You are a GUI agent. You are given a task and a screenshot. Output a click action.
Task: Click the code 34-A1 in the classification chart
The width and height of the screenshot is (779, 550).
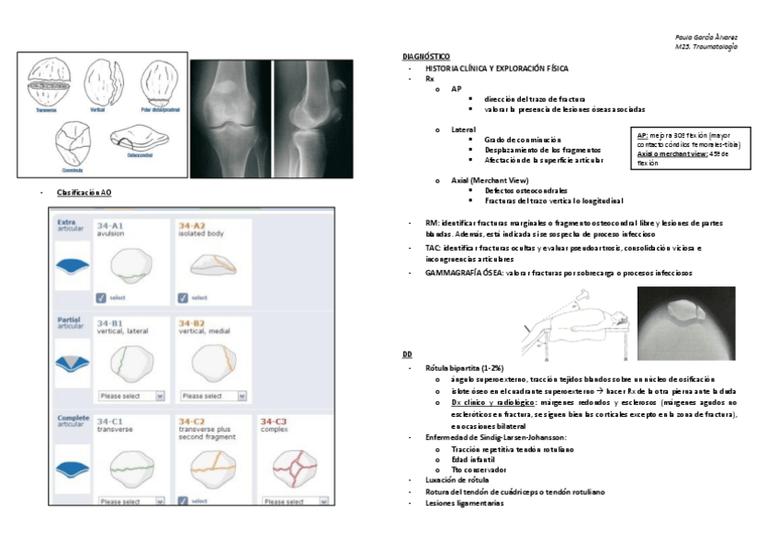[110, 226]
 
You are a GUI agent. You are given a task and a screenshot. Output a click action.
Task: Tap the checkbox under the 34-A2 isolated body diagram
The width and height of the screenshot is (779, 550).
[183, 297]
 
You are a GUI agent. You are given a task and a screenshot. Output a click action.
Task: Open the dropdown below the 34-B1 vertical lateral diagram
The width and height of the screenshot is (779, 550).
[130, 396]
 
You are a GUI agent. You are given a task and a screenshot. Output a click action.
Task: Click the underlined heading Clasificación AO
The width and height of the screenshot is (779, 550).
[84, 193]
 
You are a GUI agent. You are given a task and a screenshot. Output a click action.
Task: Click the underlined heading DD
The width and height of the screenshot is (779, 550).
[407, 354]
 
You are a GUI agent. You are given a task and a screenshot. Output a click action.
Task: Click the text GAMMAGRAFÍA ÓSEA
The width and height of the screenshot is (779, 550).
[452, 273]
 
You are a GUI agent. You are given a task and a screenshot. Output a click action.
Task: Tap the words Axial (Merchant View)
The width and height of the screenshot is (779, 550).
[490, 180]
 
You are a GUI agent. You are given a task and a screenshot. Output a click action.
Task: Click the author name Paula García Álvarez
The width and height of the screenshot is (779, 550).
[706, 37]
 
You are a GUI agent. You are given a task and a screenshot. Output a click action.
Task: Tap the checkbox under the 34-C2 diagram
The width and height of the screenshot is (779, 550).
[183, 501]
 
